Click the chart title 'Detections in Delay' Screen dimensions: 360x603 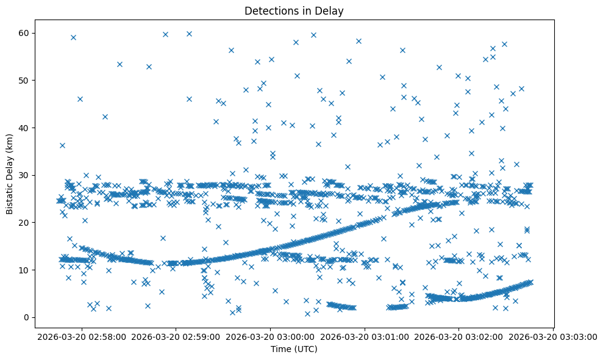tap(294, 10)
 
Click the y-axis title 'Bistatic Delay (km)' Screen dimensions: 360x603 tap(10, 173)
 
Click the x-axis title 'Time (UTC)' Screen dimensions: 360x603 tap(294, 349)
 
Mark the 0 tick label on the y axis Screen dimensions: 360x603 tap(32, 317)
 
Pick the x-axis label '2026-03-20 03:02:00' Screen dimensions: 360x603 tap(459, 336)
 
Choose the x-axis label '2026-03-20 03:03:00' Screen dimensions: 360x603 tap(554, 336)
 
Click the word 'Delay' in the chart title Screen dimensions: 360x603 tap(332, 10)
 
